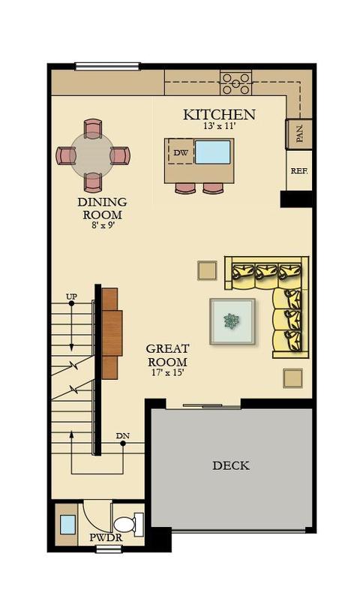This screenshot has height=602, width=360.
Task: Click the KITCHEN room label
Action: [219, 114]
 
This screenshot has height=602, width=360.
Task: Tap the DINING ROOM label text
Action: [103, 208]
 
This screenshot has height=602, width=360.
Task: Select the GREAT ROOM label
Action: [168, 355]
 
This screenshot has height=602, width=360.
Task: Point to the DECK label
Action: [231, 465]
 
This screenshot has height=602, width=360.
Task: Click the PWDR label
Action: [106, 537]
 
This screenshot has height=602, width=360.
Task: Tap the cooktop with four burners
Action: [236, 83]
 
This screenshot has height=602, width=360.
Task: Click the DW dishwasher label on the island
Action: [181, 152]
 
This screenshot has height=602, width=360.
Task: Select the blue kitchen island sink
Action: [213, 152]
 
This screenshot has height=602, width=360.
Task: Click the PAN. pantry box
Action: [298, 134]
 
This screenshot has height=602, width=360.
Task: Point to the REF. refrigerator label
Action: [299, 171]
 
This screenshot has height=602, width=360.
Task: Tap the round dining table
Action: [93, 155]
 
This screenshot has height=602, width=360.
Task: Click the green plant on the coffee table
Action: [232, 321]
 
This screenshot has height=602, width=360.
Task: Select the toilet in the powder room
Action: [128, 525]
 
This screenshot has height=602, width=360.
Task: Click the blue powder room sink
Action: [68, 525]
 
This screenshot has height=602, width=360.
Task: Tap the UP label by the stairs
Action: [71, 296]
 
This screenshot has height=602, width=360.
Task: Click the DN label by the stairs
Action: [123, 436]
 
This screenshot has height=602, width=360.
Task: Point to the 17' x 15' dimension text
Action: [168, 372]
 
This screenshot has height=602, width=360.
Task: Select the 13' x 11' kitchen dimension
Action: [219, 125]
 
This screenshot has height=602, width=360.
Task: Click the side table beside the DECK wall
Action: [292, 378]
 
